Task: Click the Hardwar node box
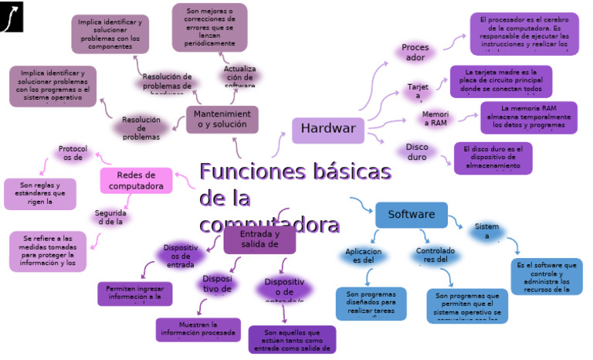tap(328, 130)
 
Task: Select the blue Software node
tap(411, 215)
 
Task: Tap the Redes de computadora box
tap(136, 180)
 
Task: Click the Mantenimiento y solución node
tap(222, 120)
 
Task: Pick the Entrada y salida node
tap(259, 239)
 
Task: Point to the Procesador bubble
tap(415, 53)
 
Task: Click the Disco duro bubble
tap(416, 151)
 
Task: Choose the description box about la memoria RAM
tap(528, 117)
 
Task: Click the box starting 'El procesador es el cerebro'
tap(524, 34)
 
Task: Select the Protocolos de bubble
tap(72, 153)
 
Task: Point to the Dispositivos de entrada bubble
tap(181, 256)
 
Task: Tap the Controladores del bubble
tap(435, 255)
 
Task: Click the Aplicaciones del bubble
tap(363, 256)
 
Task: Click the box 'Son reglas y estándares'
tap(40, 194)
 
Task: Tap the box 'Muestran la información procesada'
tap(198, 329)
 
